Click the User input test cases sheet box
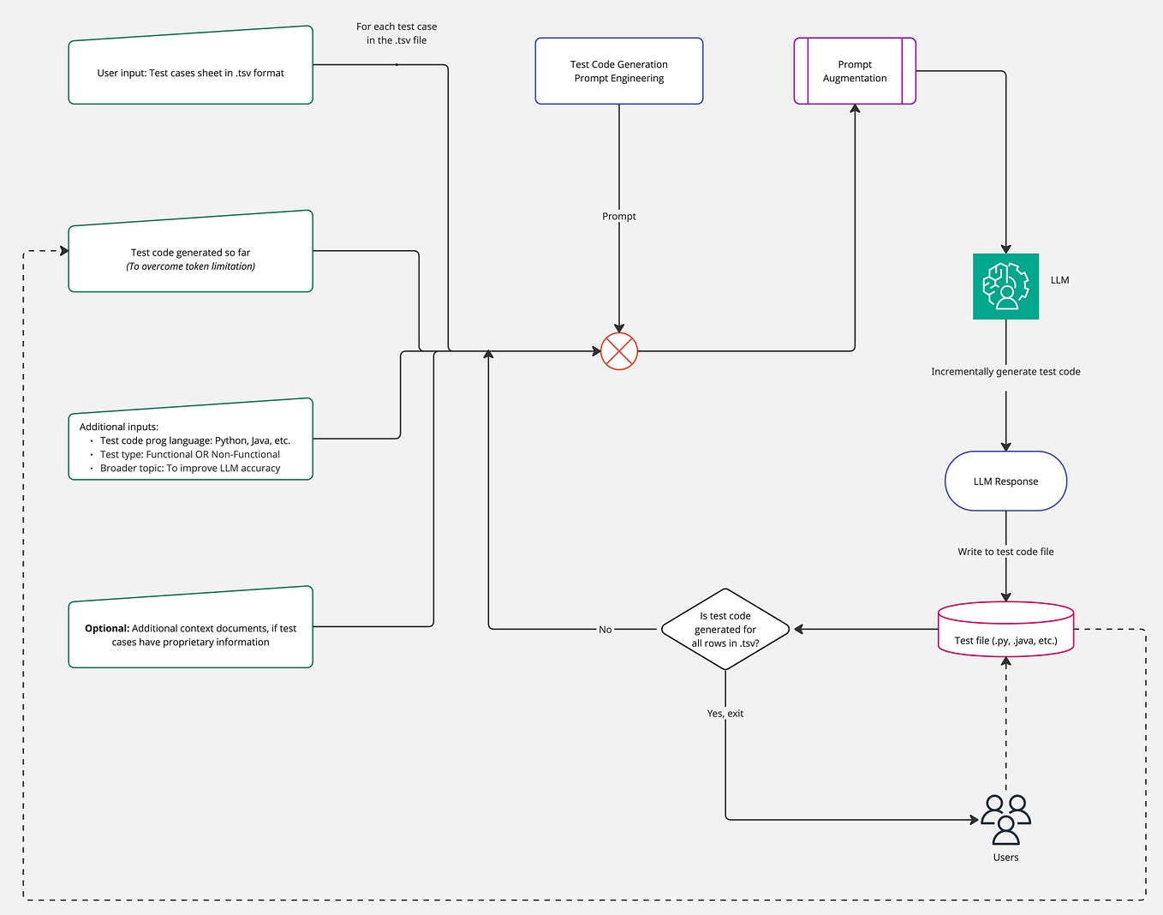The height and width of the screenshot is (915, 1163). pyautogui.click(x=190, y=73)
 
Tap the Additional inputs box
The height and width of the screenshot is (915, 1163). pyautogui.click(x=190, y=446)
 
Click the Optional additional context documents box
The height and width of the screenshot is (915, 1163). pyautogui.click(x=190, y=635)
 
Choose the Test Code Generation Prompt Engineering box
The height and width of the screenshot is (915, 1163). pyautogui.click(x=618, y=71)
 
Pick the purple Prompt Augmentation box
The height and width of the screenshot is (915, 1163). pyautogui.click(x=855, y=71)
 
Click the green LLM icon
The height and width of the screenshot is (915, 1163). pyautogui.click(x=1005, y=286)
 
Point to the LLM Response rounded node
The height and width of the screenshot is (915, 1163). pyautogui.click(x=1005, y=481)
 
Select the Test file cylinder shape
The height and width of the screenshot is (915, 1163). pyautogui.click(x=1005, y=634)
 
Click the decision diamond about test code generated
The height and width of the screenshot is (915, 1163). pyautogui.click(x=725, y=630)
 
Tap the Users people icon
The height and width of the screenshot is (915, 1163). pyautogui.click(x=1005, y=820)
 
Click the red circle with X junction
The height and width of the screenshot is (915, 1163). pyautogui.click(x=618, y=351)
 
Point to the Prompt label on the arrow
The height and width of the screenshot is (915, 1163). pyautogui.click(x=618, y=217)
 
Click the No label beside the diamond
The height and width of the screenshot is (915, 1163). pyautogui.click(x=605, y=630)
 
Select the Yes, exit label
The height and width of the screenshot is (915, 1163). pyautogui.click(x=725, y=714)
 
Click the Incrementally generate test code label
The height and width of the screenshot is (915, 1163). pyautogui.click(x=1005, y=372)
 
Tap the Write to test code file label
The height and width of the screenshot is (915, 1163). pyautogui.click(x=1005, y=552)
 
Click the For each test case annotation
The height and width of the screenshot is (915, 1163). pyautogui.click(x=397, y=33)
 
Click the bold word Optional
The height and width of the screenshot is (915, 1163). pyautogui.click(x=107, y=628)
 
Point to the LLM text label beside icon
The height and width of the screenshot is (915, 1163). pyautogui.click(x=1059, y=280)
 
